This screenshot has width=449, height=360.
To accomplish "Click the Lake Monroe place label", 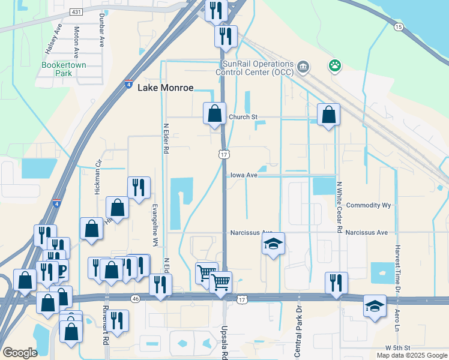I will pyautogui.click(x=166, y=88).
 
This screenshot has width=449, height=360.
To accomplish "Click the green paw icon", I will pyautogui.click(x=334, y=65).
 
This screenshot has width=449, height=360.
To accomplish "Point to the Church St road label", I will pyautogui.click(x=242, y=117).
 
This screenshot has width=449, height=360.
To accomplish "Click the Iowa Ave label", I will pyautogui.click(x=244, y=175).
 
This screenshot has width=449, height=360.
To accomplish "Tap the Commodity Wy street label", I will pyautogui.click(x=369, y=205).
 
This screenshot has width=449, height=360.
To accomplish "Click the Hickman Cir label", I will pyautogui.click(x=97, y=177).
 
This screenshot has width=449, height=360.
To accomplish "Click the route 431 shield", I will pyautogui.click(x=76, y=11).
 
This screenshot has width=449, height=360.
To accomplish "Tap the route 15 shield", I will pyautogui.click(x=398, y=27).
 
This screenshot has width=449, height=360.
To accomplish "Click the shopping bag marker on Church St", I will pyautogui.click(x=214, y=112).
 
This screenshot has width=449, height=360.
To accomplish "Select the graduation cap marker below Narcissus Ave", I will pyautogui.click(x=273, y=243).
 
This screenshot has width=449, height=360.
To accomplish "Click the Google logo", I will pyautogui.click(x=20, y=353).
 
